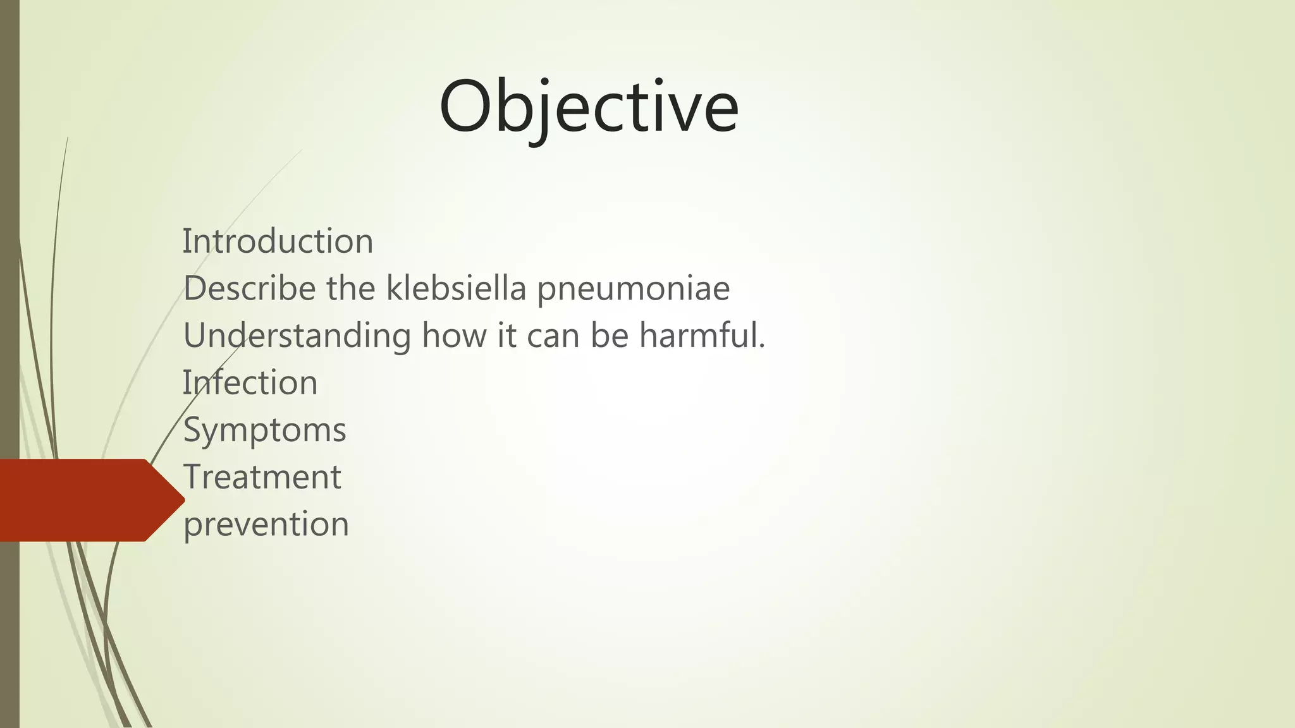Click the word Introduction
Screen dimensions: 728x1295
[278, 241]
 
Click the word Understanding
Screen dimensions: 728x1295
[297, 336]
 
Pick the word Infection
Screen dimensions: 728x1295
[250, 382]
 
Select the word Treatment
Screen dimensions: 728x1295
[262, 476]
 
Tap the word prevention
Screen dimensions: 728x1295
[266, 525]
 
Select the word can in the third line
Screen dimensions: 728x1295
[553, 336]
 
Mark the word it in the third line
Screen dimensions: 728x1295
[506, 335]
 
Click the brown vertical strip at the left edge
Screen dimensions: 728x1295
[9, 253]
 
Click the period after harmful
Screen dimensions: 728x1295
[762, 347]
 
